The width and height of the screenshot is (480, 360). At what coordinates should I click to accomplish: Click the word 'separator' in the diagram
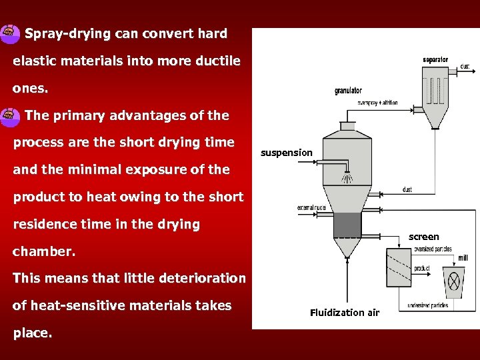click(435, 60)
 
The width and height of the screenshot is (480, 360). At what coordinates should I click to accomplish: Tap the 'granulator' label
click(348, 91)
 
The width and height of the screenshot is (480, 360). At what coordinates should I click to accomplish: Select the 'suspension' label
click(286, 153)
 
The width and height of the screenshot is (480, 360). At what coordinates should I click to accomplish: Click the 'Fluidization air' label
click(345, 313)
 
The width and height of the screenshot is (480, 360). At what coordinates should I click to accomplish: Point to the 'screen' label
click(424, 237)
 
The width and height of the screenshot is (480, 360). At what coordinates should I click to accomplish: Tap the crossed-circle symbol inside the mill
click(455, 283)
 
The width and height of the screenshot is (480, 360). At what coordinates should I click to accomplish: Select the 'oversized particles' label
click(433, 249)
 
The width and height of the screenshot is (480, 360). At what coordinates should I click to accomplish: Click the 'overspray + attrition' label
click(377, 103)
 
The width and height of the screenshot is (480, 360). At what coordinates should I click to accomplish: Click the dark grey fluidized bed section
click(347, 225)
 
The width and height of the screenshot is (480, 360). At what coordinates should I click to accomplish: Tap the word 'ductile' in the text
click(217, 61)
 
